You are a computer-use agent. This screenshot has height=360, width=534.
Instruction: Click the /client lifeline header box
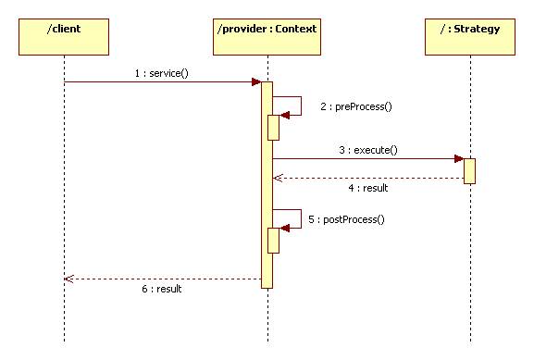click(64, 31)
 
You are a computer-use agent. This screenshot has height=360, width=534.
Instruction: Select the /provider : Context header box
click(267, 31)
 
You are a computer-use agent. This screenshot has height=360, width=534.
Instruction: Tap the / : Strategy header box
click(469, 31)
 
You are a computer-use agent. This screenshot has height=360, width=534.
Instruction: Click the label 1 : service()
click(162, 72)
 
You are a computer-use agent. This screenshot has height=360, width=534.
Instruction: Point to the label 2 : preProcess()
click(356, 106)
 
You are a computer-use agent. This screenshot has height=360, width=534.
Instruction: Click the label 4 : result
click(367, 188)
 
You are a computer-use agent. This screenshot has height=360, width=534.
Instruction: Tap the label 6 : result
click(162, 289)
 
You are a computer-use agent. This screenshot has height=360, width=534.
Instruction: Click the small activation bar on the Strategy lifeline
click(469, 170)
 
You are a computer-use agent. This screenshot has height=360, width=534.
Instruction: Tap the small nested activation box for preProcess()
click(274, 127)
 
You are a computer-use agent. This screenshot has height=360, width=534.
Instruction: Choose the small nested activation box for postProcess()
click(274, 240)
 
